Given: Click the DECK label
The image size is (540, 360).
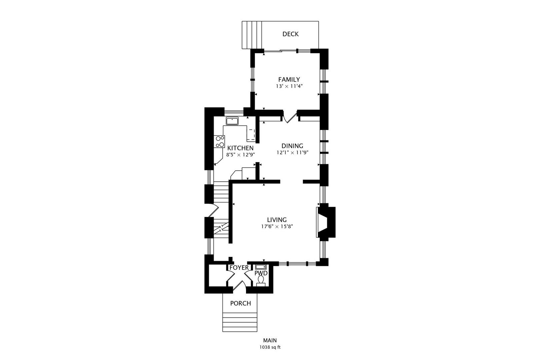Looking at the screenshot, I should [290, 34].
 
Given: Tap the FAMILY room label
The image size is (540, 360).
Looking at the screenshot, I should [289, 79].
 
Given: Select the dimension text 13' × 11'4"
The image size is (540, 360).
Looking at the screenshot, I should [289, 86].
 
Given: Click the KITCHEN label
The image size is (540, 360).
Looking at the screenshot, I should [240, 148].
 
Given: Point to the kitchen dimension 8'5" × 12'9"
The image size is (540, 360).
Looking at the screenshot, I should [240, 155].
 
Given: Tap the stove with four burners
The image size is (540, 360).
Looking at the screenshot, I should [220, 142].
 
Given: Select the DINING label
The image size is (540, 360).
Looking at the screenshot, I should [292, 146].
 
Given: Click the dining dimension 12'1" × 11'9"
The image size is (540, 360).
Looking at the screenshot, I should [292, 153].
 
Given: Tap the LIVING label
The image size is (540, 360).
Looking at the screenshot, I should [277, 220].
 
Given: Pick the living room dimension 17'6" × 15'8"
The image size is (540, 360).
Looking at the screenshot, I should [277, 227].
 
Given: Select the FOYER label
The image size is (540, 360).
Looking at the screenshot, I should [239, 268].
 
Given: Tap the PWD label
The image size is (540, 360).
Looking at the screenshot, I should [261, 273].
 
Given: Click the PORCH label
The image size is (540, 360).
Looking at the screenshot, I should [240, 304].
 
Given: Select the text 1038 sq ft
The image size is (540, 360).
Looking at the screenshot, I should [270, 347].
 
